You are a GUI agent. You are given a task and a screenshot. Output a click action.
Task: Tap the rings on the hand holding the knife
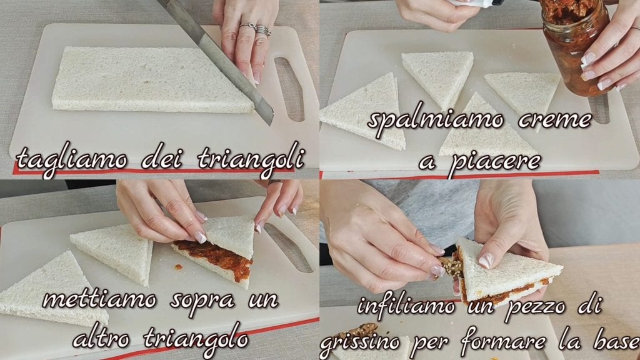tap(256, 29)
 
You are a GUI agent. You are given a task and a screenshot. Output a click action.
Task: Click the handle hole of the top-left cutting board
tap(289, 89)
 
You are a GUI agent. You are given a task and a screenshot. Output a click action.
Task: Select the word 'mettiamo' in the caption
tap(99, 300)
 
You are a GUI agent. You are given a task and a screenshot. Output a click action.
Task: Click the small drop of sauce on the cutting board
tap(178, 267)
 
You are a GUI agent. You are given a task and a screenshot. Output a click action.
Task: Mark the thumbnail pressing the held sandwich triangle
tap(486, 261)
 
